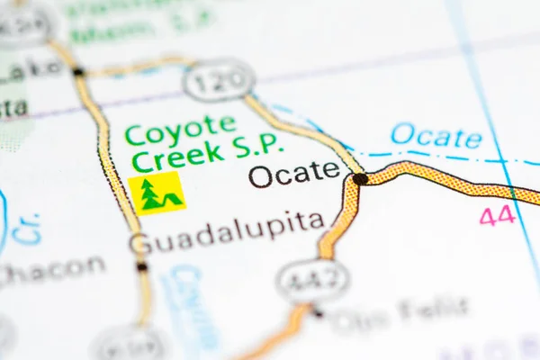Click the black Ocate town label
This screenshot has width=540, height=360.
(x=294, y=173)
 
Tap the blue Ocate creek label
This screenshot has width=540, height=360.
(x=436, y=137)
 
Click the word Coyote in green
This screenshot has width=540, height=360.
(x=181, y=131)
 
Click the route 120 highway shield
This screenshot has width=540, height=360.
(x=218, y=80)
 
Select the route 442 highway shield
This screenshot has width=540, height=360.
(x=311, y=281)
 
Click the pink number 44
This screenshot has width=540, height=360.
(x=497, y=215)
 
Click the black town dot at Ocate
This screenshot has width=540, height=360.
(x=360, y=179)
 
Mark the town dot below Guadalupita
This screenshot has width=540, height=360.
(x=141, y=266)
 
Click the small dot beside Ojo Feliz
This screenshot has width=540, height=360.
(x=316, y=312)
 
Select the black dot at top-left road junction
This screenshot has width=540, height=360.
(x=78, y=71)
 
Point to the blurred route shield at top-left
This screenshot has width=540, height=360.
(x=24, y=24)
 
